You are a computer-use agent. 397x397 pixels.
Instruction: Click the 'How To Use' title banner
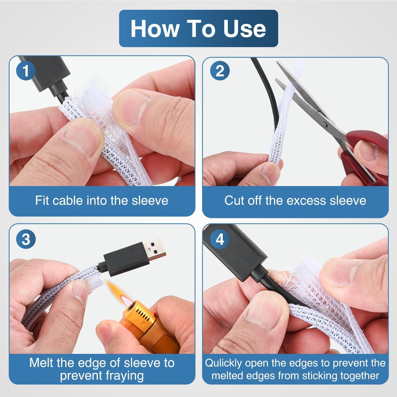click(x=198, y=28)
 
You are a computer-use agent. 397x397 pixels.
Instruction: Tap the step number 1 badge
click(x=25, y=71)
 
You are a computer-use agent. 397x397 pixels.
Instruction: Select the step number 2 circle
click(x=220, y=71)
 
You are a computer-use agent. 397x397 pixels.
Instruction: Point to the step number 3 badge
click(x=25, y=239)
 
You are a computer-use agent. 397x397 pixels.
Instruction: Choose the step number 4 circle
click(x=220, y=239)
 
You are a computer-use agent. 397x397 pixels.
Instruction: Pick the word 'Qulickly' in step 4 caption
click(x=224, y=363)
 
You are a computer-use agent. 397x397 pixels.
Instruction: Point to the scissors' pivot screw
click(x=325, y=124)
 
